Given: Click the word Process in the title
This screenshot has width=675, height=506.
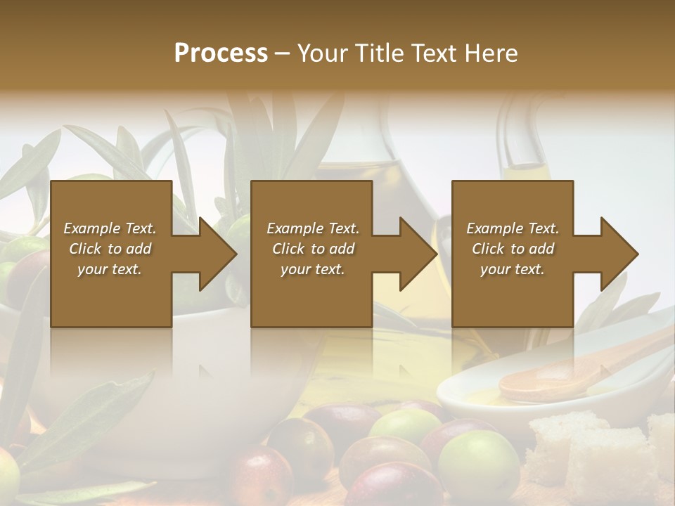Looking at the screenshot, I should point(221,53).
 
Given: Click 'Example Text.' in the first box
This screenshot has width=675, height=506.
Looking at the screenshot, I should point(110,228).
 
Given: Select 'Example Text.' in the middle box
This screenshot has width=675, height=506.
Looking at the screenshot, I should point(313,228).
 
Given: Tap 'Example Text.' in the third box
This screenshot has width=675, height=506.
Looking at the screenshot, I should point(513,228).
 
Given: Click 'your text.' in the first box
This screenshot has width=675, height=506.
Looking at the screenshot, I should point(110,269).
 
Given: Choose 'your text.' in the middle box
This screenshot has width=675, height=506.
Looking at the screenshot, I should point(313,269).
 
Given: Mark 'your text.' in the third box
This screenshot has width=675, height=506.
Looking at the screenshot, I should point(513,269).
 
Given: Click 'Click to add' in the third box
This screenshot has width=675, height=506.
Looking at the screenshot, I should point(513,249).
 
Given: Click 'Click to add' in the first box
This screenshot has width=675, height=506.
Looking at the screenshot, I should point(110,249).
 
